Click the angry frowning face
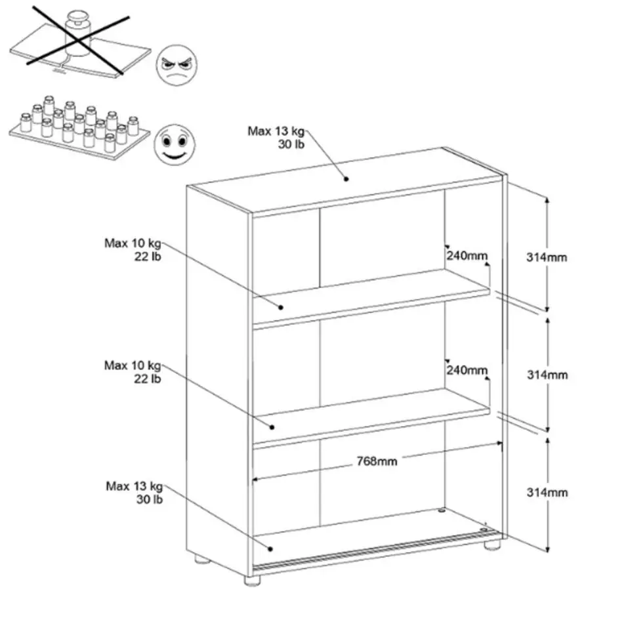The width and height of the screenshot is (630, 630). pyautogui.click(x=177, y=65)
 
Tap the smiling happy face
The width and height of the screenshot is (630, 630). pyautogui.click(x=175, y=144)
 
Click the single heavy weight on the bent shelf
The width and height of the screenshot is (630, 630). pyautogui.click(x=78, y=33)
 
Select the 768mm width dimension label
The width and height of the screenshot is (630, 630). pyautogui.click(x=377, y=461)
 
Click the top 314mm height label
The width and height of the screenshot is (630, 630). pyautogui.click(x=547, y=257)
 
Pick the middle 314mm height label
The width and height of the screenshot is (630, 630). pyautogui.click(x=547, y=375)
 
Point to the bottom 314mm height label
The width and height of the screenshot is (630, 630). pyautogui.click(x=547, y=492)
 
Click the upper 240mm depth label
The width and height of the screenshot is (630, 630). pyautogui.click(x=467, y=255)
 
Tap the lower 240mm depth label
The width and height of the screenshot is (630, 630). pyautogui.click(x=467, y=370)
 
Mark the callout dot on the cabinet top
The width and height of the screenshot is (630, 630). pyautogui.click(x=346, y=178)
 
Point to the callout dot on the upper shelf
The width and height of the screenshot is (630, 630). pyautogui.click(x=281, y=307)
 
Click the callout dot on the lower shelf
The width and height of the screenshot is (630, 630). pyautogui.click(x=272, y=427)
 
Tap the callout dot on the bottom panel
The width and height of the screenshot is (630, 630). pyautogui.click(x=270, y=549)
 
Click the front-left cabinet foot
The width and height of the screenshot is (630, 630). pyautogui.click(x=252, y=579)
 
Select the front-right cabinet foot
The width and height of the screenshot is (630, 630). pyautogui.click(x=492, y=545)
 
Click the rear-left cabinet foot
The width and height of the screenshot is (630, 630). pyautogui.click(x=202, y=559)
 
